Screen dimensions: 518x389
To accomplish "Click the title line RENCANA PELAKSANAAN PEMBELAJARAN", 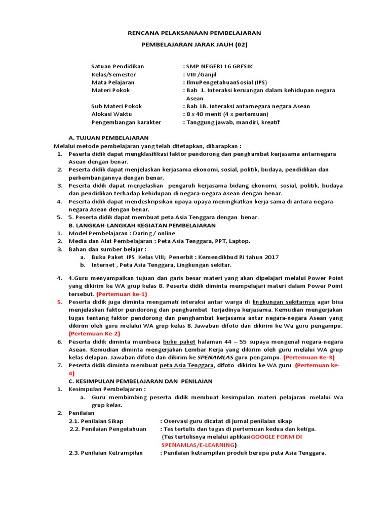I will coord(193,33).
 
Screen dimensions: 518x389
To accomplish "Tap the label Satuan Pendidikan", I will coord(118,66).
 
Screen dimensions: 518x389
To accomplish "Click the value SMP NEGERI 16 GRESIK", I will coord(219,66).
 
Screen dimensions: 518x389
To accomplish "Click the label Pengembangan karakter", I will coord(126,122).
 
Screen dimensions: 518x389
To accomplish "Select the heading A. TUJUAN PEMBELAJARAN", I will coord(108,138).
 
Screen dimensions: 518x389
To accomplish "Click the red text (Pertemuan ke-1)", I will coord(122,294).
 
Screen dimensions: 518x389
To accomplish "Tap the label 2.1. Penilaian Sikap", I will coord(96,421).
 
